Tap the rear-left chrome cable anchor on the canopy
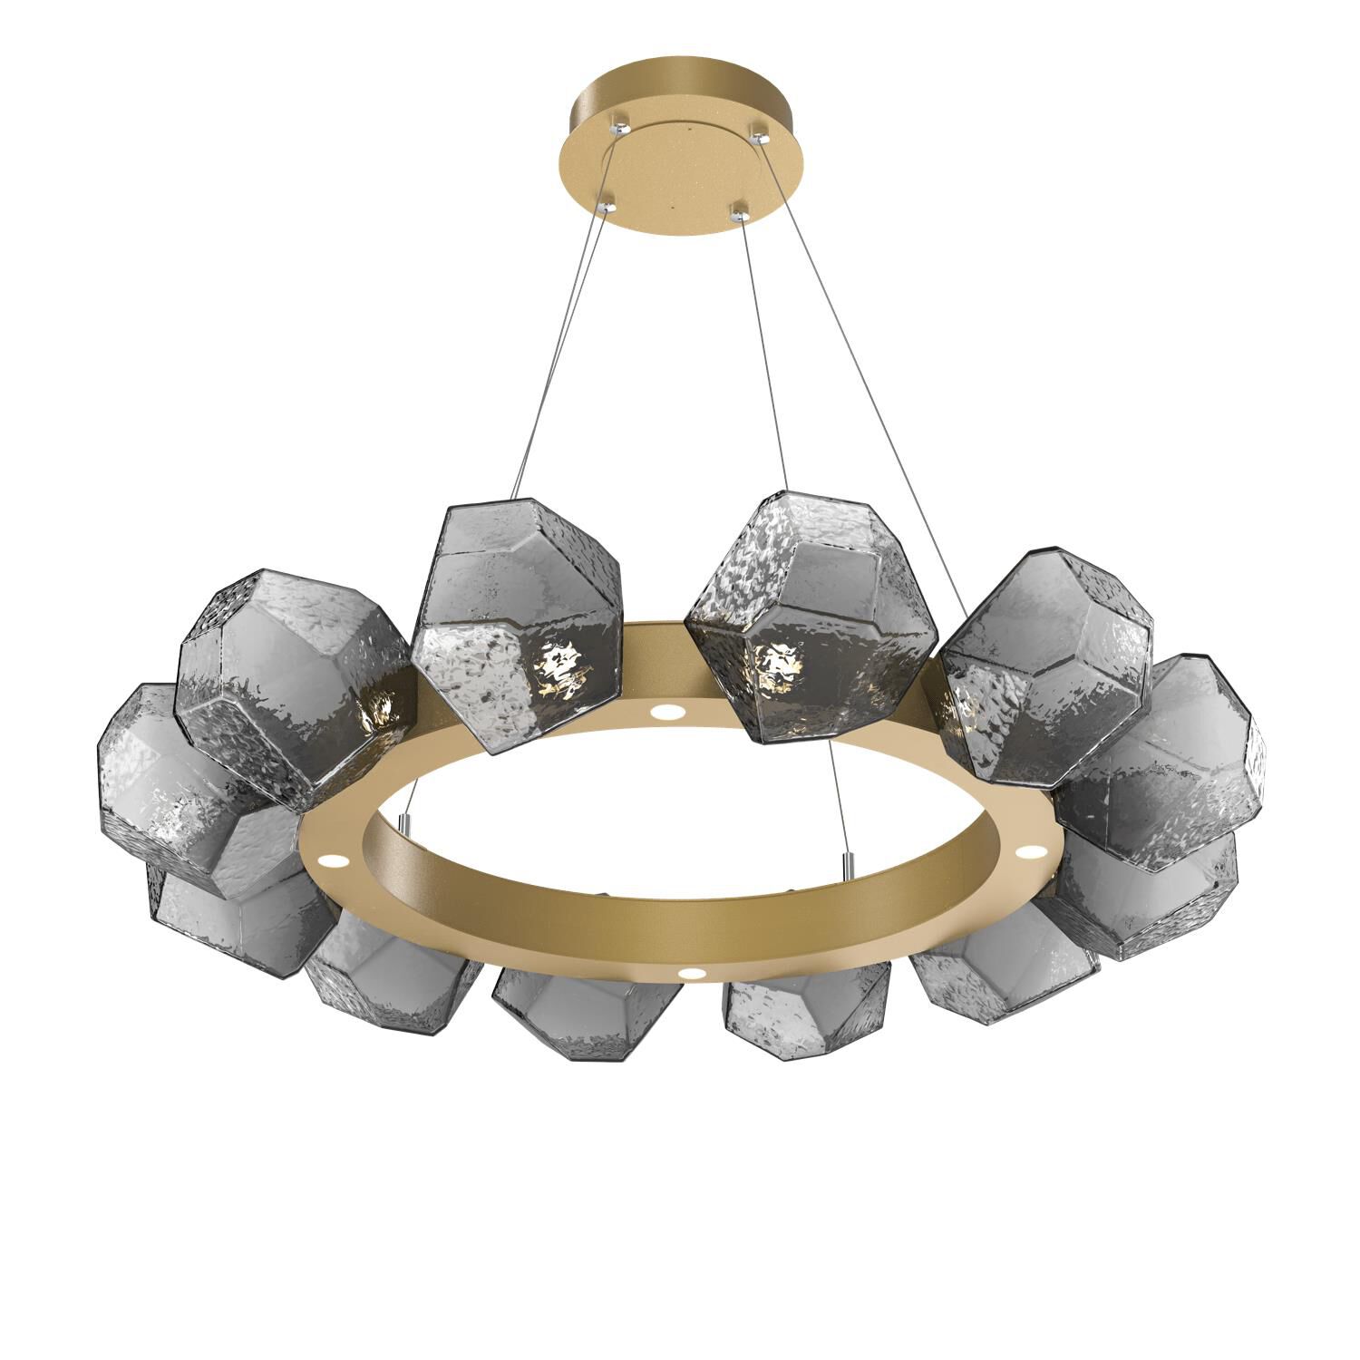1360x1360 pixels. coord(620,119)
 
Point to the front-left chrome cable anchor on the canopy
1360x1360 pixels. coord(608,205)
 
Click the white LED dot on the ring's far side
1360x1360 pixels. coord(670,713)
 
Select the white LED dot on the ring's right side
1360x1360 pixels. coord(1032,851)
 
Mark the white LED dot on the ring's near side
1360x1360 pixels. coord(694,974)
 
